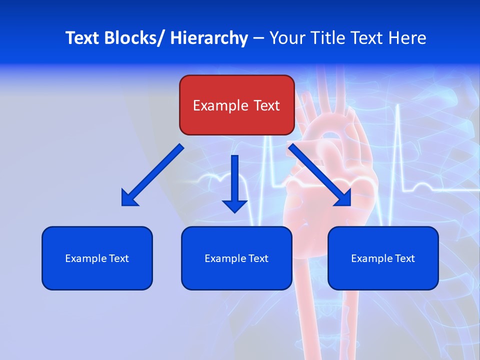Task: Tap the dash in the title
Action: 258,38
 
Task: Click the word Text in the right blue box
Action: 404,258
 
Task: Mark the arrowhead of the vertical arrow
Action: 235,205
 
